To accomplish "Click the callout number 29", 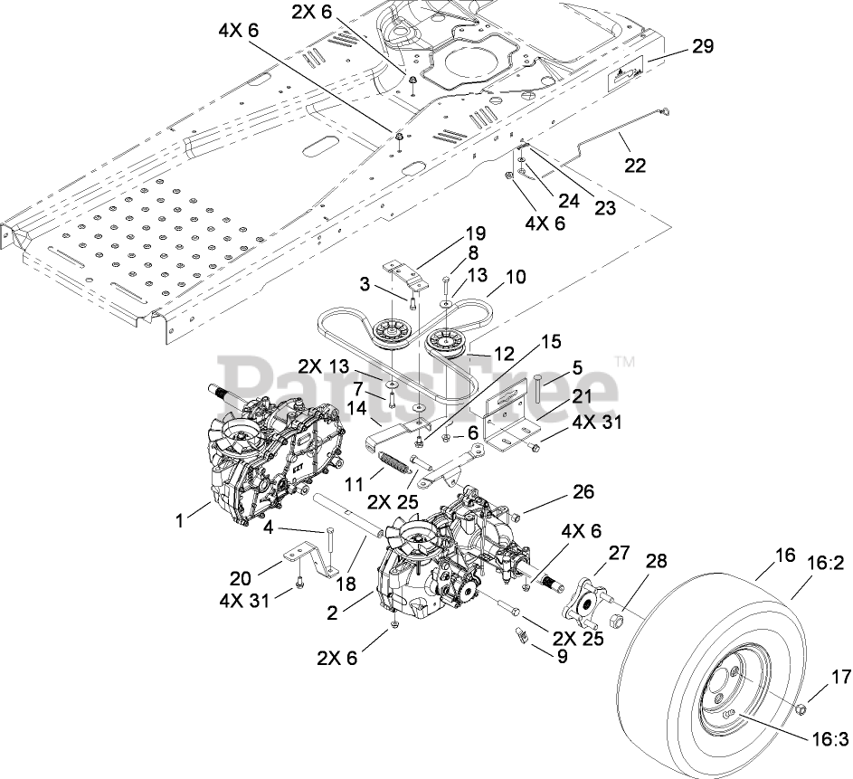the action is point(702,46).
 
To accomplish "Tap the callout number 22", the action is point(634,165).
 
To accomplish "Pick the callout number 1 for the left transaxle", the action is point(179,520).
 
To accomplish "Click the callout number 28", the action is point(657,560).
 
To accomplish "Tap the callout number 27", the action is point(619,553).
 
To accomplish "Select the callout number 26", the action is point(583,491).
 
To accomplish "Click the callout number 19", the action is point(474,233).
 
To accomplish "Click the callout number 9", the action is point(561,656).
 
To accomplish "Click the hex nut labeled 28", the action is point(616,620).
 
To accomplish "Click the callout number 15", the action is point(551,342).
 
